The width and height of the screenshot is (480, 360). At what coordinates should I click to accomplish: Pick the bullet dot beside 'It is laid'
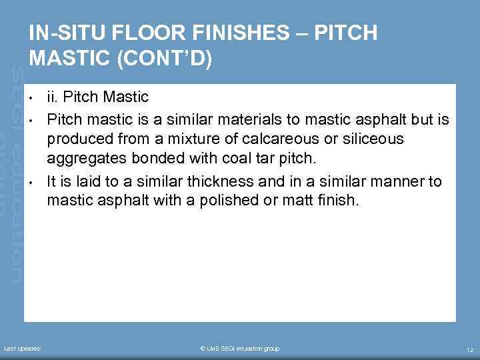pos(31,182)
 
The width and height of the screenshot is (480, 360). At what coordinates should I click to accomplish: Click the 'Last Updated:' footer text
pos(23,349)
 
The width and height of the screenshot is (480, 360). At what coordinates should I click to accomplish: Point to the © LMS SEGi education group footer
pos(239,349)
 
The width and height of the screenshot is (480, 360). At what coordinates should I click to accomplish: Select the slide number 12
pos(469,349)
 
